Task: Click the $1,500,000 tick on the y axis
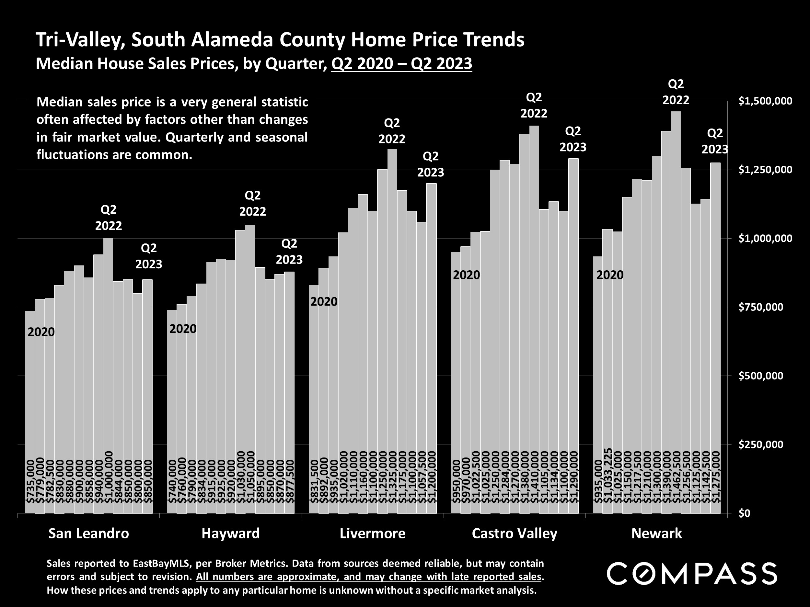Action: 765,101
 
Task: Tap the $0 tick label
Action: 745,513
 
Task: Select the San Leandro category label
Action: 89,534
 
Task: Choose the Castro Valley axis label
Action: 514,534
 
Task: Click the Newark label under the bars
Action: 656,534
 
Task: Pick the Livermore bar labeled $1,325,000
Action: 392,329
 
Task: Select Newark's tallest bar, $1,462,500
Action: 676,311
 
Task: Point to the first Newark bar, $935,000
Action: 597,384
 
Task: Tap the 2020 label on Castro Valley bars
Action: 466,275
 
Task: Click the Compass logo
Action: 692,574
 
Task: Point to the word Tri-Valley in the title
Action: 79,39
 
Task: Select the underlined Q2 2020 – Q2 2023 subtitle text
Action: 401,64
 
